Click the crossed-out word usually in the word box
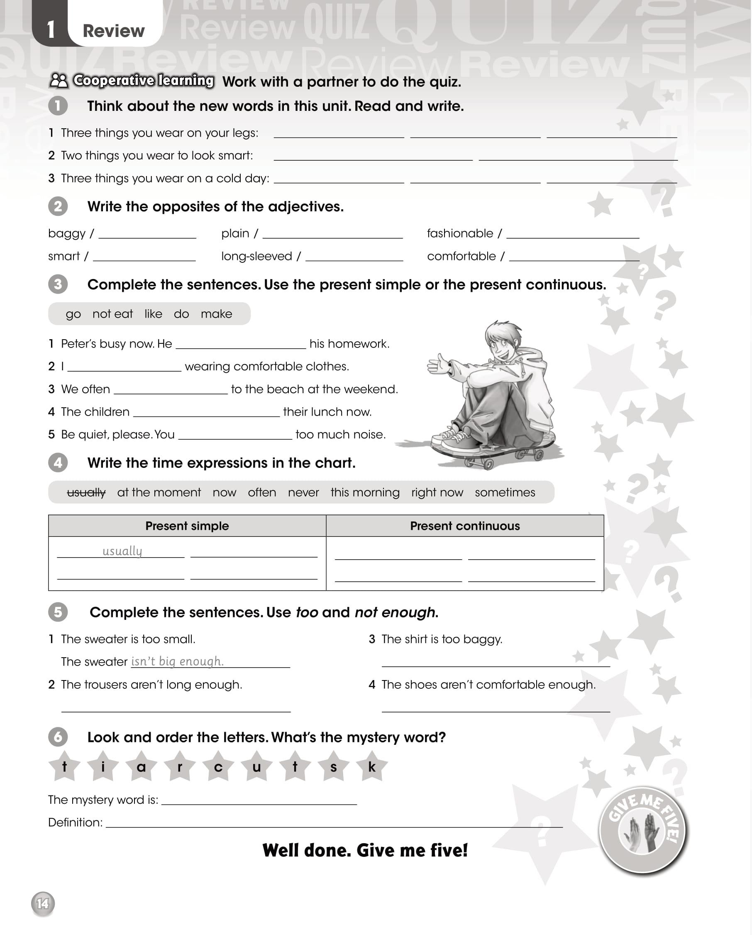86,493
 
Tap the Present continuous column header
465,526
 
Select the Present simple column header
187,526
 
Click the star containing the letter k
372,767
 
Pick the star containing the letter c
218,767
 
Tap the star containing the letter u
256,767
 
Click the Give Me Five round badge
642,830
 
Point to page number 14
42,903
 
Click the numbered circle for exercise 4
58,463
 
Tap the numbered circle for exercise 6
58,737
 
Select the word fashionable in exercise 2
460,233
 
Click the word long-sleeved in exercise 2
256,256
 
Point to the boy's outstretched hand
439,363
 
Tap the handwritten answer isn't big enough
177,661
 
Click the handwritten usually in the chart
122,551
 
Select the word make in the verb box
216,314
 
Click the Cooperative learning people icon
59,80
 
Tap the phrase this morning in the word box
365,493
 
